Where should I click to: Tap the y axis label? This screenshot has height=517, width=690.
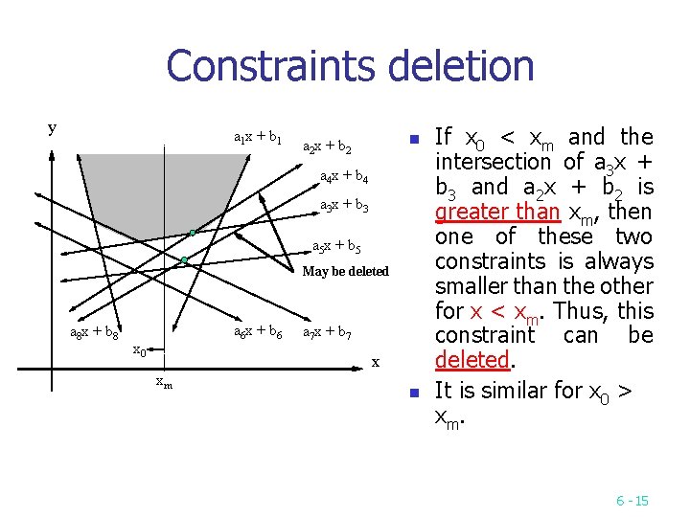(52, 127)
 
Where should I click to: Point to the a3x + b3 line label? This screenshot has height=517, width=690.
(344, 206)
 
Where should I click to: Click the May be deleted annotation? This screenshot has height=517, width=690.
(345, 271)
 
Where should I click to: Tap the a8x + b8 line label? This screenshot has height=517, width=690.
(95, 333)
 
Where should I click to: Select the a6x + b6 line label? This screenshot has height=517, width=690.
(258, 331)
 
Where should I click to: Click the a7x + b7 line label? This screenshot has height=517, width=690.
(327, 333)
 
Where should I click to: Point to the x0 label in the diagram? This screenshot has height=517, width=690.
(139, 349)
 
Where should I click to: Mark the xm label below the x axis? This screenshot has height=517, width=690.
(165, 383)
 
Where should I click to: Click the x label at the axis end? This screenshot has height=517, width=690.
(376, 362)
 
